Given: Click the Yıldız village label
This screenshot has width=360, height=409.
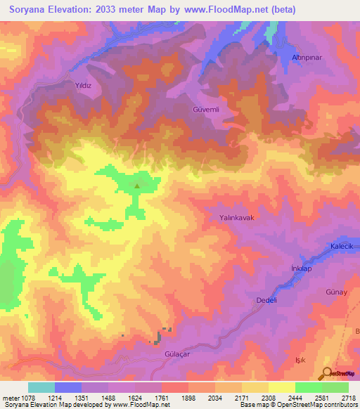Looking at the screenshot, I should click(84, 84).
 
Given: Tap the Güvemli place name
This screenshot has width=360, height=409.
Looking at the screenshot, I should click(207, 110).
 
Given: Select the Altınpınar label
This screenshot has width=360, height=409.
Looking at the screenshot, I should click(307, 57).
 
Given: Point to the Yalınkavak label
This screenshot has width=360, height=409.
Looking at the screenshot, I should click(236, 218).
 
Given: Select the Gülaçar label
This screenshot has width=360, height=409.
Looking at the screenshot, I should click(177, 355).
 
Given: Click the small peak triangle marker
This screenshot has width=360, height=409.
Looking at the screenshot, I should click(137, 186).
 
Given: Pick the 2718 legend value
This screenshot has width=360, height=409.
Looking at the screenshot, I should click(348, 398).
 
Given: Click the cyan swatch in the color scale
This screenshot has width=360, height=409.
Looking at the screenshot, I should click(41, 387).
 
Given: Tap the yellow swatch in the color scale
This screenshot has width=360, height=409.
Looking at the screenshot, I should click(281, 387).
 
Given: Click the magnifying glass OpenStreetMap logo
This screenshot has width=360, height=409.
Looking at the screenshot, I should click(327, 373).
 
